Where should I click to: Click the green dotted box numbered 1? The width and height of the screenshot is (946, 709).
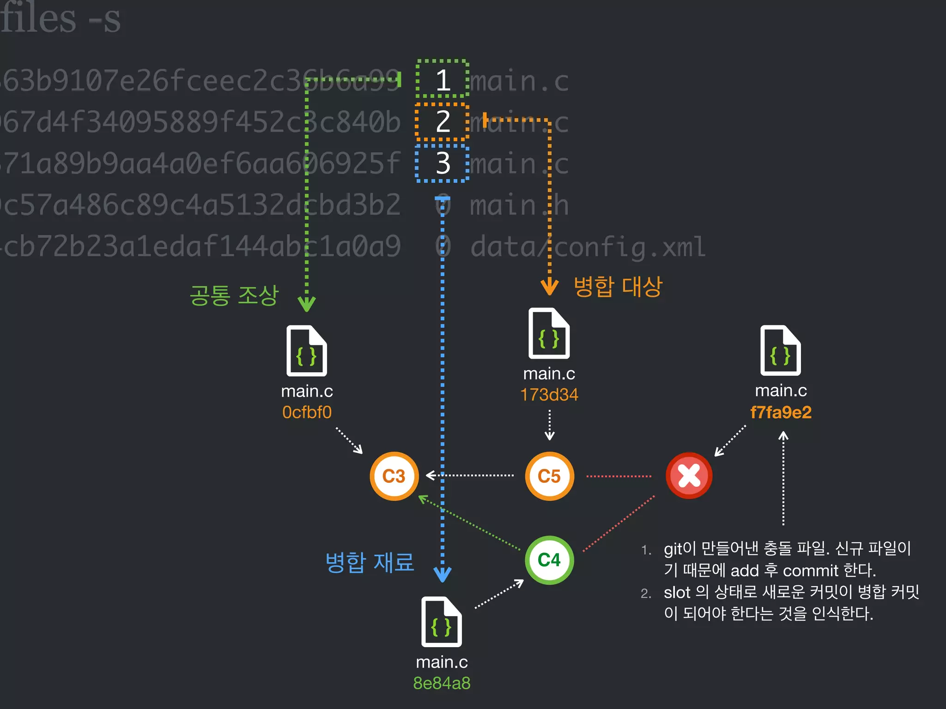point(443,79)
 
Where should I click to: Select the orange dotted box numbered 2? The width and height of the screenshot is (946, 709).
point(443,121)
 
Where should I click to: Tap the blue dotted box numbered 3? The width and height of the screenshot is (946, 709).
point(443,163)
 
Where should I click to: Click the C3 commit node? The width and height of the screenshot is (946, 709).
point(394,476)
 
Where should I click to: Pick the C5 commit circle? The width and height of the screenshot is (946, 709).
point(549,476)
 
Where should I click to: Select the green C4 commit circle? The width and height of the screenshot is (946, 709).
point(549,560)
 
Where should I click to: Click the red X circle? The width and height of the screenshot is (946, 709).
point(689,475)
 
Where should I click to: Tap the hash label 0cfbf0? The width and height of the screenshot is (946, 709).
point(307,412)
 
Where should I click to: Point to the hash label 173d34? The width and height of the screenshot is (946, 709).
point(549,395)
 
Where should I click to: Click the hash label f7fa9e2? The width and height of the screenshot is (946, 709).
point(781,412)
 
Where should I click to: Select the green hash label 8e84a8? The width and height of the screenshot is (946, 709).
point(442,683)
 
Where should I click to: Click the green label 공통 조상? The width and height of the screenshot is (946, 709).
point(234,295)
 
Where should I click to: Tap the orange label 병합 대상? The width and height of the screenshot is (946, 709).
point(618,287)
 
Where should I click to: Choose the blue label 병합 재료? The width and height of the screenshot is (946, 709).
point(370,562)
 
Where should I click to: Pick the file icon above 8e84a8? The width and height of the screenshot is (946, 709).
point(442,622)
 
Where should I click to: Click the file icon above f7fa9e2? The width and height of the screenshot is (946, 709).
point(781,351)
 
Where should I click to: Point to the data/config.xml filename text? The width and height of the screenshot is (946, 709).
point(588,246)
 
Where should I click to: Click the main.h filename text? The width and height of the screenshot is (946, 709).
point(519,205)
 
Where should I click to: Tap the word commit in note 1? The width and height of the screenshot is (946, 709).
point(811,571)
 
